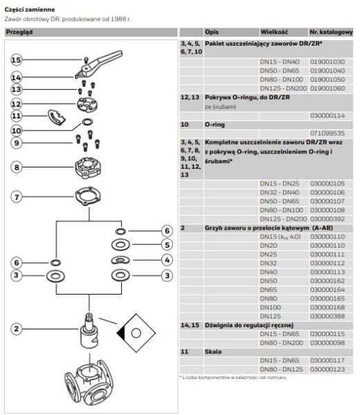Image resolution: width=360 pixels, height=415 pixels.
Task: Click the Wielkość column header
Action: [273, 33]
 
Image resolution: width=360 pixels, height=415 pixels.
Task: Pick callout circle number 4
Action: [166, 260]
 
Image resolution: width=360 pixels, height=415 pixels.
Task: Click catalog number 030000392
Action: [327, 217]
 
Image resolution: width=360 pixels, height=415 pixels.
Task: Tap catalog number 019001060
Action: [327, 89]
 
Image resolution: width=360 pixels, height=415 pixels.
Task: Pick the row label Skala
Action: [212, 352]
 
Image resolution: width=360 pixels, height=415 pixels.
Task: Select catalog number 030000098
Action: [327, 342]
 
